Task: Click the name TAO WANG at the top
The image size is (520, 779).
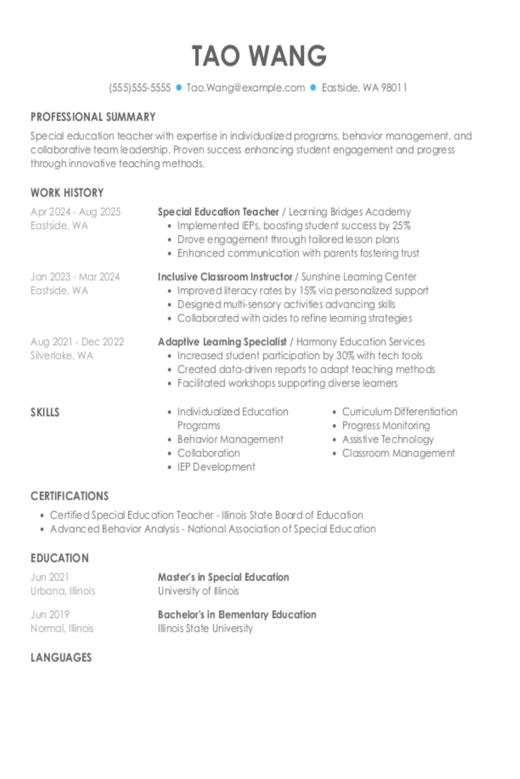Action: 259,56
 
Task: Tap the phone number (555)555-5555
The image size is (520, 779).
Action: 139,88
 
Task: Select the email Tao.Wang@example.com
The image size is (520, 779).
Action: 246,88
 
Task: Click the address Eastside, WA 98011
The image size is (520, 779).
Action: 364,88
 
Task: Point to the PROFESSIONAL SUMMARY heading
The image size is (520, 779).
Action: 93,117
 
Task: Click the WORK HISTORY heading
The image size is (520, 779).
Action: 67,193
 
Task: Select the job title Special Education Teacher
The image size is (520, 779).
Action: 218,212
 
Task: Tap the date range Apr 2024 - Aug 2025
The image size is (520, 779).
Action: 75,212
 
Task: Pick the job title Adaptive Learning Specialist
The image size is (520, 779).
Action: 222,341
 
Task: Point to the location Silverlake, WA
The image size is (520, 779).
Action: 62,356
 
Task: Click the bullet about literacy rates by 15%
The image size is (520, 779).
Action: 303,291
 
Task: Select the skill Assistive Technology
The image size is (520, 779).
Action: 387,440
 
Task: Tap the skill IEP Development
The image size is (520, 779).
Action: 216,467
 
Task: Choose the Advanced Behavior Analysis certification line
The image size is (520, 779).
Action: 213,529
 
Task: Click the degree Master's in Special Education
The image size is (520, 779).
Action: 223,577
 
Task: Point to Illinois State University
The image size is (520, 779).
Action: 205,628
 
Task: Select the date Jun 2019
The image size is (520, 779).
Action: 49,615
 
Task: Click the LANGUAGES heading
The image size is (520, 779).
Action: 61,657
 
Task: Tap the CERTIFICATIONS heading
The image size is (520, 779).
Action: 69,496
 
